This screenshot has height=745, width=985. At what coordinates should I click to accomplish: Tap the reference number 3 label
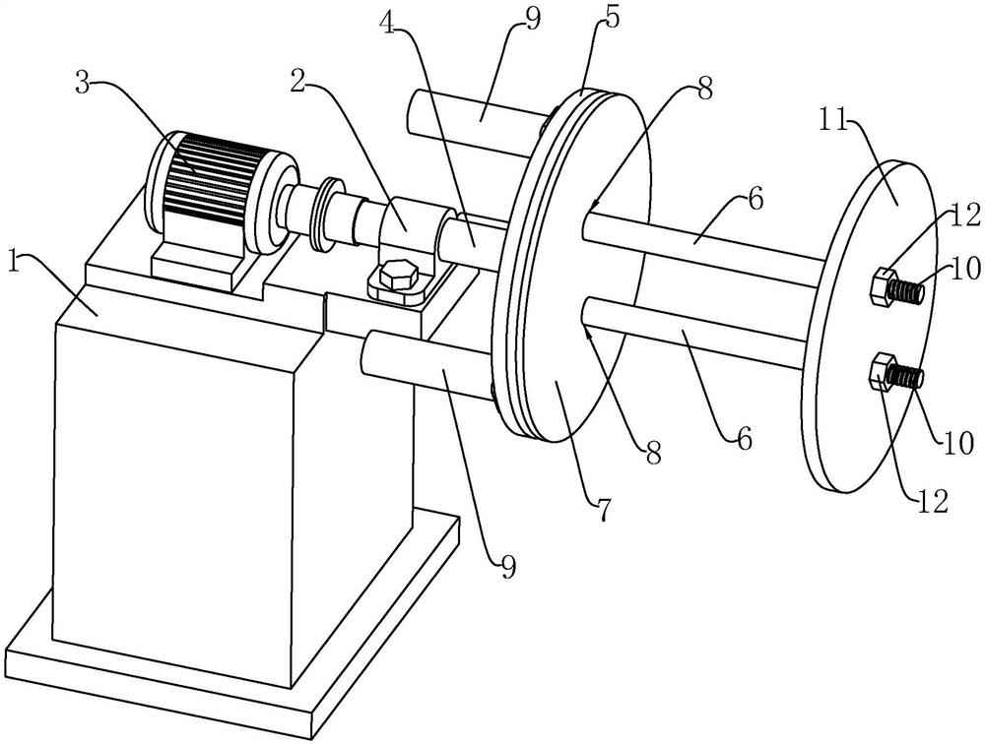click(83, 83)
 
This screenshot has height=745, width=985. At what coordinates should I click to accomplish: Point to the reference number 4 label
click(389, 23)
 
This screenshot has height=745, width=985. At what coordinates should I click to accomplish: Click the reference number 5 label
click(611, 18)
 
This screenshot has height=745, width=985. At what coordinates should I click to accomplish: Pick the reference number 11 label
click(835, 121)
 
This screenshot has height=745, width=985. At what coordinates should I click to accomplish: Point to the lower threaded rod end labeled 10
click(906, 378)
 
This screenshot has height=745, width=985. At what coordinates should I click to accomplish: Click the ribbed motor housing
click(208, 182)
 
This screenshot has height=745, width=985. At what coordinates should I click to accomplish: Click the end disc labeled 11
click(870, 327)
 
